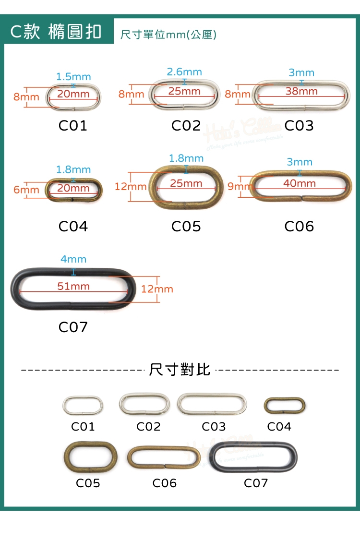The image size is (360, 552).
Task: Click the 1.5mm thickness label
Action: [x=73, y=77]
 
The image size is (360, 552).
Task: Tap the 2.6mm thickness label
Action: [x=184, y=72]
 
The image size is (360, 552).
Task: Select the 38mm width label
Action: [x=301, y=91]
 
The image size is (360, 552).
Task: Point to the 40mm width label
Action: [x=300, y=183]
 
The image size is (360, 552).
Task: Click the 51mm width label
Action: [x=73, y=286]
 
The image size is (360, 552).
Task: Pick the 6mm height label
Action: [x=26, y=190]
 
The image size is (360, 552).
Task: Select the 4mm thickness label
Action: [x=73, y=259]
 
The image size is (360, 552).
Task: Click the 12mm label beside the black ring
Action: [x=157, y=289]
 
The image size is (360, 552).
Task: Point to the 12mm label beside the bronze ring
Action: [x=131, y=186]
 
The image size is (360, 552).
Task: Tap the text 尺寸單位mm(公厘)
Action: [x=168, y=35]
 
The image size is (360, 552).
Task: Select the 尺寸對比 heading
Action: [x=180, y=370]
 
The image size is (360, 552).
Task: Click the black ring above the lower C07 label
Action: [x=253, y=457]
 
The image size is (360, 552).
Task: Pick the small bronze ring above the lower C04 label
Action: [x=285, y=406]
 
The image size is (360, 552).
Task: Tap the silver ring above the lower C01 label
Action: [x=83, y=405]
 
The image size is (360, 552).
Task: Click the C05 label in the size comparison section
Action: [x=88, y=483]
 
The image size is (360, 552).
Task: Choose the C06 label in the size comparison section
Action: [x=165, y=483]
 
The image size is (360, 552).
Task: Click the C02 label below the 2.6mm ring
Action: [x=186, y=126]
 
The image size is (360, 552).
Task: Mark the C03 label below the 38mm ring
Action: [x=299, y=126]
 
